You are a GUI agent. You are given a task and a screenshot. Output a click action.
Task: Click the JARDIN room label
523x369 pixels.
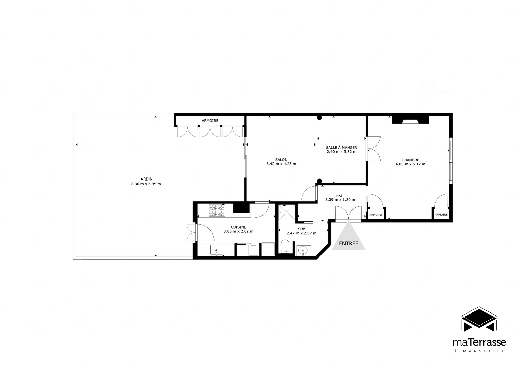(x=146, y=179)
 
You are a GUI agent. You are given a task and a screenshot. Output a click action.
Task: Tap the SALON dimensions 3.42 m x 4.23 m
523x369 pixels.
(x=281, y=164)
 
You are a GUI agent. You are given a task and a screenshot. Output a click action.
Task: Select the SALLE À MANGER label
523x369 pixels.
(x=341, y=148)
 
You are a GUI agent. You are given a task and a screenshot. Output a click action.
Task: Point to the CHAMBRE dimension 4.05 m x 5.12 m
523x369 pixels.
(x=410, y=164)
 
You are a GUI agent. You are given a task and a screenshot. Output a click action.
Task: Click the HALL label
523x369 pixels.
(x=340, y=196)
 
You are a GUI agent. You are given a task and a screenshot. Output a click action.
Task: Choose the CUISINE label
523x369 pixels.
(x=238, y=227)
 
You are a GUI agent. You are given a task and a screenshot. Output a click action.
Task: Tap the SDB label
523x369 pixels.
(x=301, y=229)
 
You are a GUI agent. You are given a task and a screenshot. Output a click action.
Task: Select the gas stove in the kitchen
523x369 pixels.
(x=217, y=210)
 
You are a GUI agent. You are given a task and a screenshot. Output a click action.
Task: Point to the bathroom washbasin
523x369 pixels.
(x=304, y=250)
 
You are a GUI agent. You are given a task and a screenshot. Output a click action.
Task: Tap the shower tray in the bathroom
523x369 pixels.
(x=287, y=212)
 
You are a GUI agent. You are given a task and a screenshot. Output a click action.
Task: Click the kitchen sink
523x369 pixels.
(x=216, y=250)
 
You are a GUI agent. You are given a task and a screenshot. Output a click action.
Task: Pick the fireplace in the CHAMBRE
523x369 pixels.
(x=410, y=120)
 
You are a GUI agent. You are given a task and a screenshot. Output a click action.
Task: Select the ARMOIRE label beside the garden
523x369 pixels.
(x=210, y=121)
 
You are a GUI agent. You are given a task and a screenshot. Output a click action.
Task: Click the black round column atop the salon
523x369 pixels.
(x=319, y=118)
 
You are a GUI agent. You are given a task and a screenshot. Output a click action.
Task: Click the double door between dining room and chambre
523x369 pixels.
(x=373, y=149)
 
